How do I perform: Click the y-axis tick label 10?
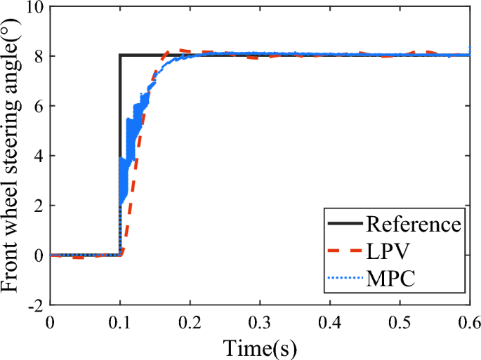[x=33, y=7]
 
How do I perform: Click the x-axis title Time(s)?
[x=260, y=346]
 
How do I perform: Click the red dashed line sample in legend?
[x=345, y=252]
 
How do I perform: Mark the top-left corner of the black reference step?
[x=121, y=55]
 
